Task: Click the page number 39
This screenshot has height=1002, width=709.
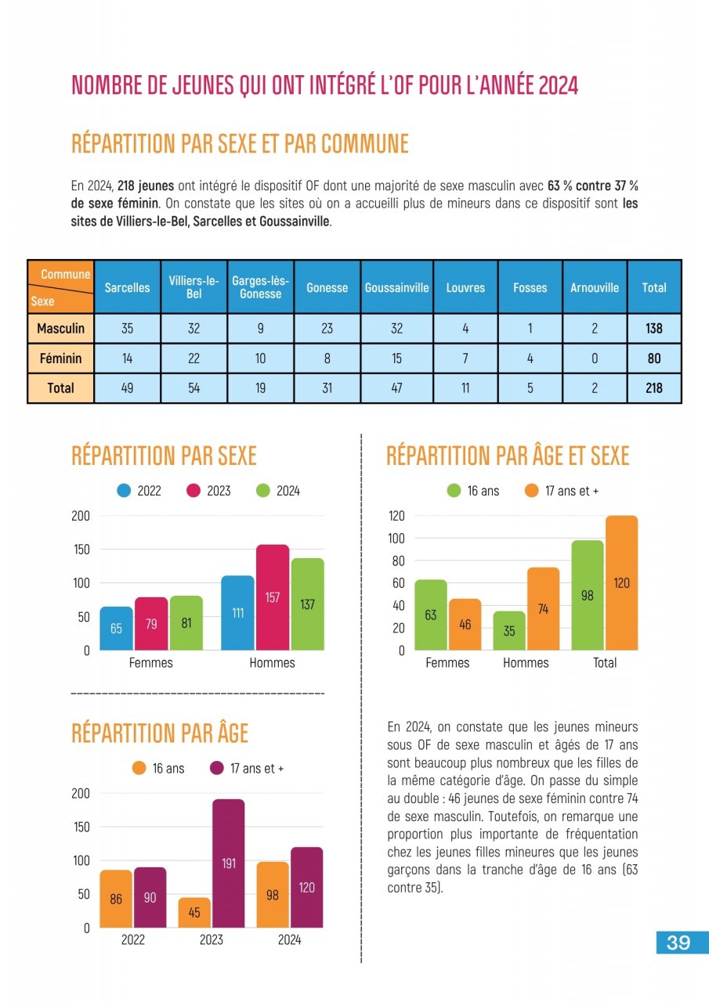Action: (x=678, y=943)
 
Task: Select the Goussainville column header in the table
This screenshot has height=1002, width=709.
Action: (x=396, y=287)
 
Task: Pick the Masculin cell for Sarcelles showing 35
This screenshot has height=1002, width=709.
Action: (x=127, y=329)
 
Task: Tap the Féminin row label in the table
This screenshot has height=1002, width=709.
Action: (x=60, y=359)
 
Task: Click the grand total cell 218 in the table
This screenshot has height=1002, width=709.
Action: (x=653, y=387)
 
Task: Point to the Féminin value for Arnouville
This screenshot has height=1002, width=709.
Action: (x=594, y=359)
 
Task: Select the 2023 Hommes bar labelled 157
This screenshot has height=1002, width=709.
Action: (x=273, y=597)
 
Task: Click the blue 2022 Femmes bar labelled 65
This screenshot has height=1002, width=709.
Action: (x=116, y=628)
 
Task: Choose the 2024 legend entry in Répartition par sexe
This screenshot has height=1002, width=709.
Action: (x=279, y=491)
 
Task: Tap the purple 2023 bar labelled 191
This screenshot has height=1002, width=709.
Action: (x=229, y=863)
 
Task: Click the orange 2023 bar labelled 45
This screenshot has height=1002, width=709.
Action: (x=194, y=913)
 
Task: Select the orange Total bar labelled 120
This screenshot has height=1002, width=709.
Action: (x=621, y=583)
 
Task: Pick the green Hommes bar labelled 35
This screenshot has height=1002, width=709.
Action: (x=509, y=630)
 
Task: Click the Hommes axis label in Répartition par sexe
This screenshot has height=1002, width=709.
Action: (x=272, y=663)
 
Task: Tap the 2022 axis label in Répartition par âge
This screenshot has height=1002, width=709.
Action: (x=132, y=939)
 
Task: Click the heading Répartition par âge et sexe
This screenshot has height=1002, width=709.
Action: (x=508, y=456)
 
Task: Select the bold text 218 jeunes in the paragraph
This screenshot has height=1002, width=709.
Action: (x=146, y=186)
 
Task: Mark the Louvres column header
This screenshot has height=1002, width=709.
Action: (x=465, y=287)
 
